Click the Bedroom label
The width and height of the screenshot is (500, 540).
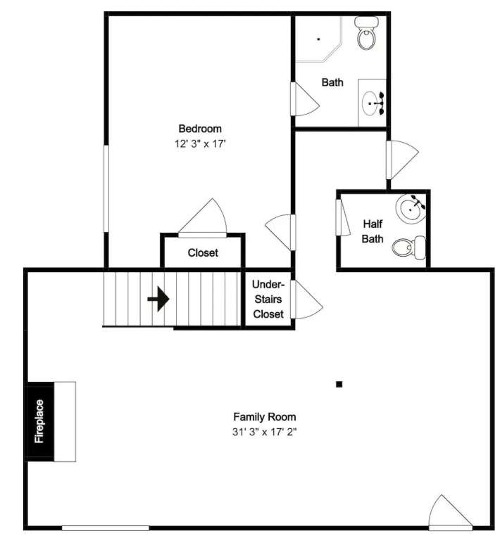pyautogui.click(x=200, y=129)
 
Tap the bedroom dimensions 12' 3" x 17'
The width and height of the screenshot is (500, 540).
pyautogui.click(x=200, y=143)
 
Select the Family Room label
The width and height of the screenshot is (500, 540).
pyautogui.click(x=265, y=417)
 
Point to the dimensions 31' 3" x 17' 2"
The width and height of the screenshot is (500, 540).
pyautogui.click(x=265, y=432)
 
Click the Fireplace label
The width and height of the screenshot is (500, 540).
pyautogui.click(x=39, y=421)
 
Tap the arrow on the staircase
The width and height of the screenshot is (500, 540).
pyautogui.click(x=158, y=299)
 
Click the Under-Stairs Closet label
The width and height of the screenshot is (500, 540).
pyautogui.click(x=268, y=299)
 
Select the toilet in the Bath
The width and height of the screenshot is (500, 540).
pyautogui.click(x=366, y=33)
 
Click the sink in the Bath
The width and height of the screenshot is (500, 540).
pyautogui.click(x=370, y=103)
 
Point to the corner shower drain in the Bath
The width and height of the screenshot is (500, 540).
pyautogui.click(x=318, y=39)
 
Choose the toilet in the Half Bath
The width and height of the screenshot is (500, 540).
pyautogui.click(x=409, y=247)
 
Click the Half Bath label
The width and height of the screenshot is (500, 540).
pyautogui.click(x=373, y=231)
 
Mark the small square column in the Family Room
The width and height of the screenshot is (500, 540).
pyautogui.click(x=339, y=385)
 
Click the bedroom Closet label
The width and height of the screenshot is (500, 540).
pyautogui.click(x=203, y=253)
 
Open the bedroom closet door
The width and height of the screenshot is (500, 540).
pyautogui.click(x=203, y=218)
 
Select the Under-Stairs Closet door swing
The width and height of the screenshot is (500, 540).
pyautogui.click(x=306, y=300)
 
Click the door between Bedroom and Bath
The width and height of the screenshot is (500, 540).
pyautogui.click(x=305, y=99)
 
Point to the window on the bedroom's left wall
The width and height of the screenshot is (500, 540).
pyautogui.click(x=106, y=188)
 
